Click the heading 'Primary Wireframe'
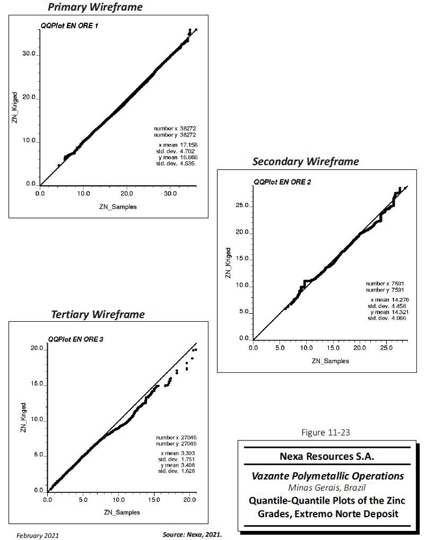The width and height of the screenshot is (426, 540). click(103, 7)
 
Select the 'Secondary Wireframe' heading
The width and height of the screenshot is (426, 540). click(306, 161)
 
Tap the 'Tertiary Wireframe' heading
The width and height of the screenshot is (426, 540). click(98, 314)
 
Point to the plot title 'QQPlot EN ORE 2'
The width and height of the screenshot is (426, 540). click(282, 182)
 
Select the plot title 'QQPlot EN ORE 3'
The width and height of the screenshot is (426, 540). click(76, 339)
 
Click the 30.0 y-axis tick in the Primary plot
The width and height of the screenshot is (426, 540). click(29, 55)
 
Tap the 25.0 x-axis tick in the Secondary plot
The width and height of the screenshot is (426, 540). click(386, 347)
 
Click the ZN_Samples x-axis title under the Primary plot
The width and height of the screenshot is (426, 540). click(117, 207)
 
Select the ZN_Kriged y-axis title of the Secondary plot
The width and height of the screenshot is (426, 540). click(228, 263)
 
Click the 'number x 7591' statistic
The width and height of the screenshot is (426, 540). click(385, 283)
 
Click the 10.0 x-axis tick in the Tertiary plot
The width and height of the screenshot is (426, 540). click(119, 501)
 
